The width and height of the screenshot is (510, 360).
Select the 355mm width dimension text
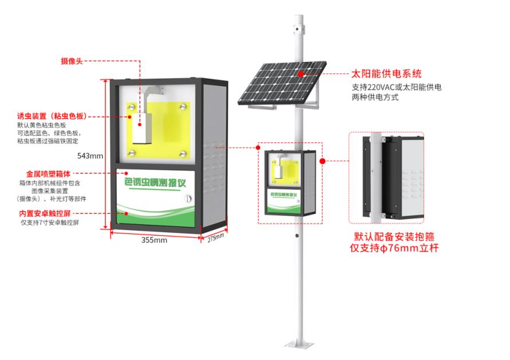point(154,240)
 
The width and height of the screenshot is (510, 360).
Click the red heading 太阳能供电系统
point(387,74)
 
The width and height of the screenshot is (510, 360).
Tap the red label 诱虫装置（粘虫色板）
point(52,116)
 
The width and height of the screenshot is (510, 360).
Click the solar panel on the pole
point(284,84)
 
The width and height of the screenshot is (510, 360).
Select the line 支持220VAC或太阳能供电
point(397,88)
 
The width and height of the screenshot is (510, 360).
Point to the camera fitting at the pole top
point(299,26)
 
